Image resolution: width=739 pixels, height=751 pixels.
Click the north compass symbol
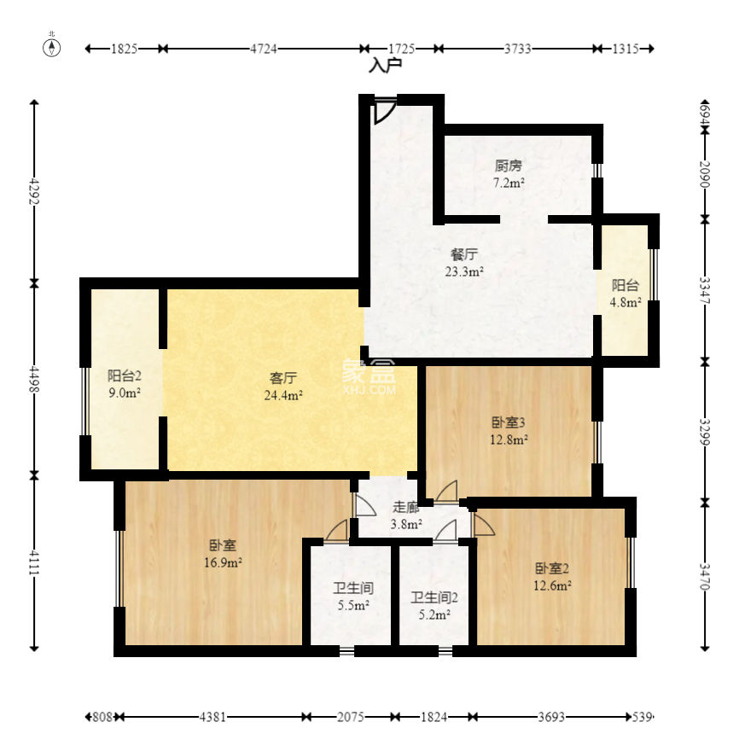point(52,47)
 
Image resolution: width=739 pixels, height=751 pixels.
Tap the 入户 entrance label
point(385,66)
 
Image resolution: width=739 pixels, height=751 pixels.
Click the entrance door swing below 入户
point(385,111)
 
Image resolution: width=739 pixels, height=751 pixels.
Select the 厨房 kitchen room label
point(508,166)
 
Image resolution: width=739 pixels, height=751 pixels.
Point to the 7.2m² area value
point(509,183)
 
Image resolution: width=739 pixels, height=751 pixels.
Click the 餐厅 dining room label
point(464,254)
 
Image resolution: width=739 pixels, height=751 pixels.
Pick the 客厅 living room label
point(283,378)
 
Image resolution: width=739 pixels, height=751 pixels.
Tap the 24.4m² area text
point(283,395)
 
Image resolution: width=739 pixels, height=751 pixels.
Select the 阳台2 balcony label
point(124,375)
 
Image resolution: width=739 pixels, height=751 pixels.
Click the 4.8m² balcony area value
point(626,302)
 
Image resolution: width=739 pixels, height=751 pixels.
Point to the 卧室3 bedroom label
point(509,422)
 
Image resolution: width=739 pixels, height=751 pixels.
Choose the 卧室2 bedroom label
point(552,568)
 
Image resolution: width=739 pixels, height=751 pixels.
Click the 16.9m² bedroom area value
point(223,562)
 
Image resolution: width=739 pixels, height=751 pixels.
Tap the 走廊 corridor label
point(406,507)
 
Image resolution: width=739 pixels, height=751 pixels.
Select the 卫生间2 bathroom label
point(434,597)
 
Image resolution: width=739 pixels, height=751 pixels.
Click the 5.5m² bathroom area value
point(353,605)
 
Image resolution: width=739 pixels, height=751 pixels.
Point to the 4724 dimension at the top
point(264,49)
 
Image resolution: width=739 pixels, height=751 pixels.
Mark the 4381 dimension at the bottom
point(212,717)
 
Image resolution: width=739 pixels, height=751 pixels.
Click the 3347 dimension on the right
point(704,290)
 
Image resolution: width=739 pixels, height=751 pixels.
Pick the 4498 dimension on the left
point(34,379)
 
